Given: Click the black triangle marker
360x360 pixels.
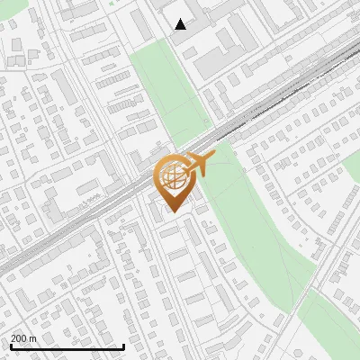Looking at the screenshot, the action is point(181,24).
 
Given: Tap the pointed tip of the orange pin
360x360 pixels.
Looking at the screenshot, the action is point(171,211).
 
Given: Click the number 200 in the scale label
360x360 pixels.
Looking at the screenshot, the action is point(19,339).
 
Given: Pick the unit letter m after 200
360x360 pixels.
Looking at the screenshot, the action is point(32,339).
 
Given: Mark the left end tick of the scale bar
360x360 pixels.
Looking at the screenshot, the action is point(10,346).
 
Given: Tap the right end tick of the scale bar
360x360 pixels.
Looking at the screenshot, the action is point(123,346).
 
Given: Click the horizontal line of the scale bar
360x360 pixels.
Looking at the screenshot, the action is point(67,347).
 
